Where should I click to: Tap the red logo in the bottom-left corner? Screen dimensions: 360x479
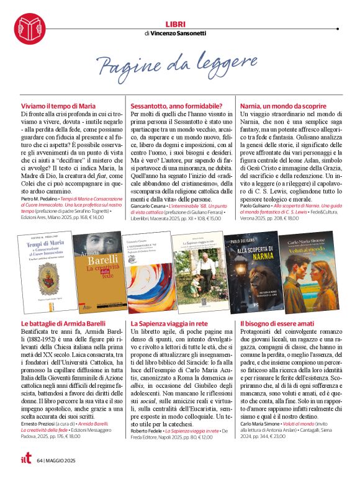(x=25, y=459)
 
